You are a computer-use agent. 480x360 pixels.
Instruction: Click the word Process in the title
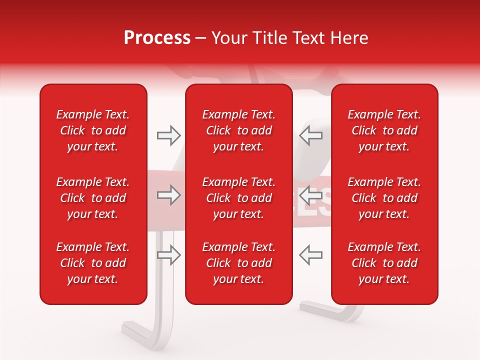[x=157, y=38]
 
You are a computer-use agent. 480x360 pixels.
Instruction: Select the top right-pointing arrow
[x=168, y=135]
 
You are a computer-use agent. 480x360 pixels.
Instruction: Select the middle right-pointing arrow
[x=168, y=195]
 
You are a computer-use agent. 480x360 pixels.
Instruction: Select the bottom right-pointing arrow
[x=168, y=255]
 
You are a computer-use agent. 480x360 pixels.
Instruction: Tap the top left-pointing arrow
[x=310, y=135]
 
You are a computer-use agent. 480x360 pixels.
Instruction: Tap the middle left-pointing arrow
[x=310, y=195]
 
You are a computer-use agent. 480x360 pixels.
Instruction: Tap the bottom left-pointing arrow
[x=310, y=255]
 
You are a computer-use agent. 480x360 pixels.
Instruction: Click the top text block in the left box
[x=93, y=130]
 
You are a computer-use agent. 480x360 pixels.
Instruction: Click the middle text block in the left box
[x=93, y=198]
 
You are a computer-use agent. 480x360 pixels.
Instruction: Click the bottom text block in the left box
[x=93, y=263]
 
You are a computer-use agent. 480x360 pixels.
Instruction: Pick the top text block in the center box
[x=238, y=130]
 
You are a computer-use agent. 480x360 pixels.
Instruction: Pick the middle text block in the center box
[x=238, y=198]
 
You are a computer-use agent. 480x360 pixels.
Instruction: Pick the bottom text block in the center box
[x=238, y=263]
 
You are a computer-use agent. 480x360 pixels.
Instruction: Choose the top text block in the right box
[x=384, y=130]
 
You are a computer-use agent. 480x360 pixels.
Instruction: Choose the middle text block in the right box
[x=384, y=198]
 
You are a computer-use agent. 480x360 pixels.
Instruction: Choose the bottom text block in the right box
[x=384, y=263]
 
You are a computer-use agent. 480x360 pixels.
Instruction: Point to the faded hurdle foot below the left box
[x=145, y=330]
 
